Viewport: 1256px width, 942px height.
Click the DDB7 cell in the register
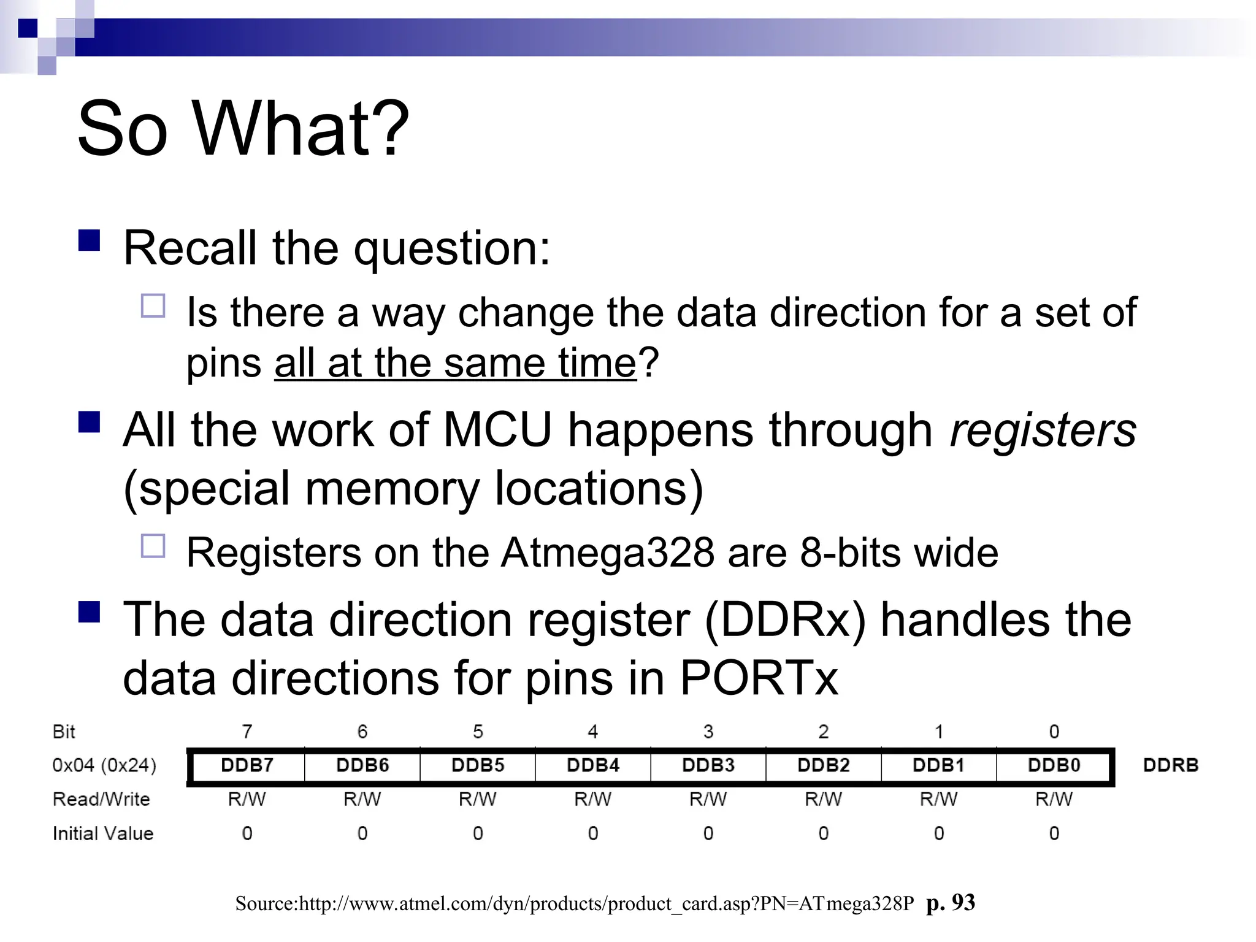[x=247, y=765]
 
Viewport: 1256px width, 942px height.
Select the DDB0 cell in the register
[x=1054, y=765]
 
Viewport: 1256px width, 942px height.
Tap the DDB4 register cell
[x=592, y=765]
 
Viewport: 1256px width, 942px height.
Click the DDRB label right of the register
[x=1170, y=765]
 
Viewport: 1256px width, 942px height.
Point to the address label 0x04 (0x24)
[x=104, y=765]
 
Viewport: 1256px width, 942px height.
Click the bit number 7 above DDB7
[x=247, y=731]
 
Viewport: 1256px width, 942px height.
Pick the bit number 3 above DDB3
[x=708, y=731]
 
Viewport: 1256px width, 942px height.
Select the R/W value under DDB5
[x=477, y=798]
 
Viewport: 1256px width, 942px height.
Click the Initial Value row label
[x=103, y=833]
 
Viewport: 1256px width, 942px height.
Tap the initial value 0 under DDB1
[x=938, y=833]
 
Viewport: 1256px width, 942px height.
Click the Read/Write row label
[x=101, y=798]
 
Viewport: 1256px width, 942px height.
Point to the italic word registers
[x=1043, y=431]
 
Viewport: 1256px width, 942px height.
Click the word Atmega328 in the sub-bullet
[x=607, y=553]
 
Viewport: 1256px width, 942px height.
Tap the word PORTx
[x=759, y=678]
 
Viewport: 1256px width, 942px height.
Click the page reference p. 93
[x=951, y=903]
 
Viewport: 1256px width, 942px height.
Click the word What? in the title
[x=301, y=129]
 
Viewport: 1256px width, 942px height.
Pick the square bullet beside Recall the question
[x=90, y=240]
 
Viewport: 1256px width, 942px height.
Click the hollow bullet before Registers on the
[x=153, y=546]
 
